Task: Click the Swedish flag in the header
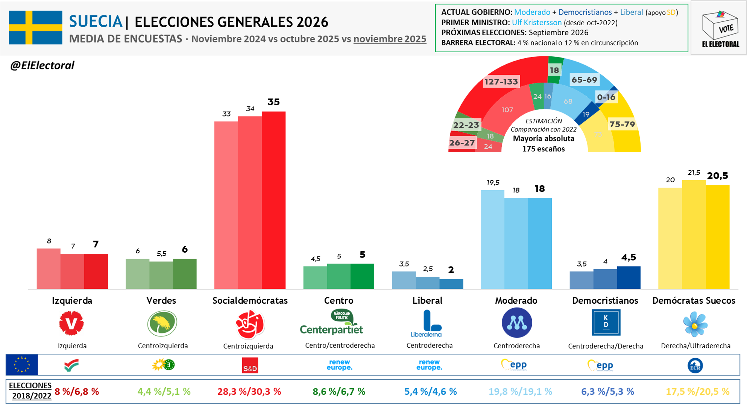coord(35,27)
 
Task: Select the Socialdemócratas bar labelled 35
coord(273,200)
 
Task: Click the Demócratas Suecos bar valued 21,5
coord(694,235)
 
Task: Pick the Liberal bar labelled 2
coord(451,284)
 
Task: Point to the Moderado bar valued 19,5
coord(492,239)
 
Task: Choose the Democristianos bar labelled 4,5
coord(629,277)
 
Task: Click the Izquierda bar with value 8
coord(49,268)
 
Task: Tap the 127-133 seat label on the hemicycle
coord(501,82)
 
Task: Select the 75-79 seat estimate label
coord(622,124)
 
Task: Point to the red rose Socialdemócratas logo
coord(250,324)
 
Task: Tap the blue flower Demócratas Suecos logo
coord(695,324)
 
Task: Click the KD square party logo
coord(606,322)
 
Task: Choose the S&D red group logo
coord(250,365)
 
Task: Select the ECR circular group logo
coord(695,365)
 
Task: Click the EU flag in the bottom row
coord(22,365)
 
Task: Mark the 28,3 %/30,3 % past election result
coord(249,392)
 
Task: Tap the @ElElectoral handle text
coord(42,65)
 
